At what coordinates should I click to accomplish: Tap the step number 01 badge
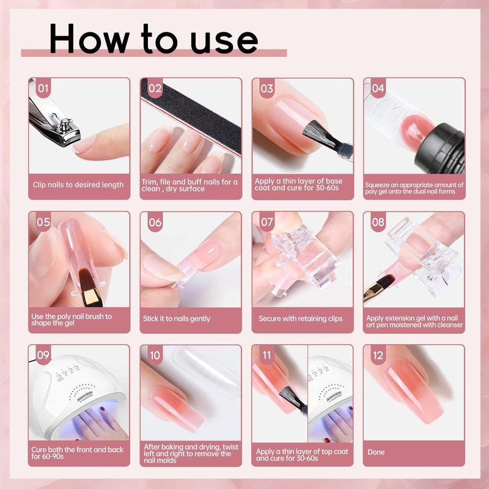click(x=43, y=89)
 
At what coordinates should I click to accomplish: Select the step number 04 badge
click(x=378, y=89)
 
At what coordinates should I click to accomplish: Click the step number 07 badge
click(x=267, y=222)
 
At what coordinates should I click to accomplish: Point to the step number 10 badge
click(x=155, y=355)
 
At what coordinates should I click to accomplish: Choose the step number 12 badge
click(x=378, y=355)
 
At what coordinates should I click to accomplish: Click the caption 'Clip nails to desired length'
click(x=78, y=185)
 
